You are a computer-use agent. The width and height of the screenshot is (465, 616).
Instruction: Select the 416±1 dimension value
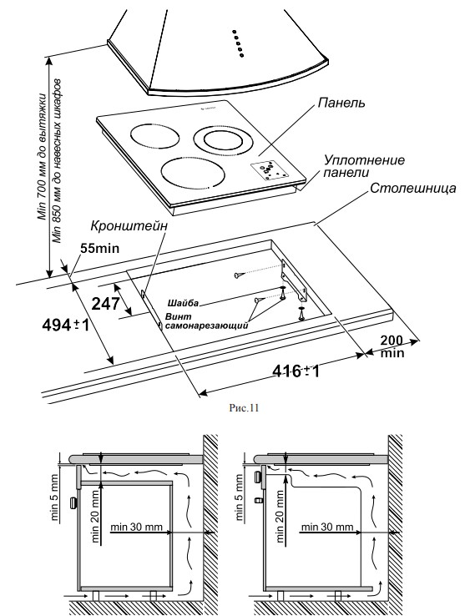pyautogui.click(x=298, y=371)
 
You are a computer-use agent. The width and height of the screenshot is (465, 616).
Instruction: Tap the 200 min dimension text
pyautogui.click(x=391, y=346)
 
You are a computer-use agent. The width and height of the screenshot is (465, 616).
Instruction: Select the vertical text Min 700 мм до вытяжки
pyautogui.click(x=42, y=159)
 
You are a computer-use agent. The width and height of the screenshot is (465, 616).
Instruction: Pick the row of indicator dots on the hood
pyautogui.click(x=238, y=43)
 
